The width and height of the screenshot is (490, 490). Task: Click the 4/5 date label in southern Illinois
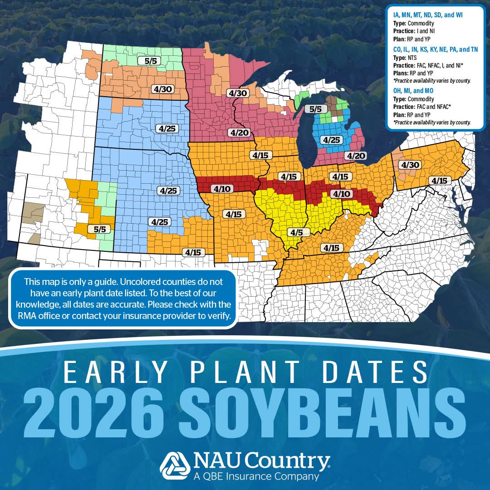(x=296, y=232)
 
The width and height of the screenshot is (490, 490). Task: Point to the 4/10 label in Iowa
(x=222, y=188)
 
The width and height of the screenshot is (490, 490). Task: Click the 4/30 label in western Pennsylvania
(x=411, y=165)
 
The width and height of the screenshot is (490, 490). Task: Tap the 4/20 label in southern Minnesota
(x=240, y=132)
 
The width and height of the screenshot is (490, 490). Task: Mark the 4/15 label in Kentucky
(x=331, y=247)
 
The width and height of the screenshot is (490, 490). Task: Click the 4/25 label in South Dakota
(x=166, y=128)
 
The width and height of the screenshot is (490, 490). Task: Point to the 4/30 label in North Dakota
(x=161, y=89)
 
